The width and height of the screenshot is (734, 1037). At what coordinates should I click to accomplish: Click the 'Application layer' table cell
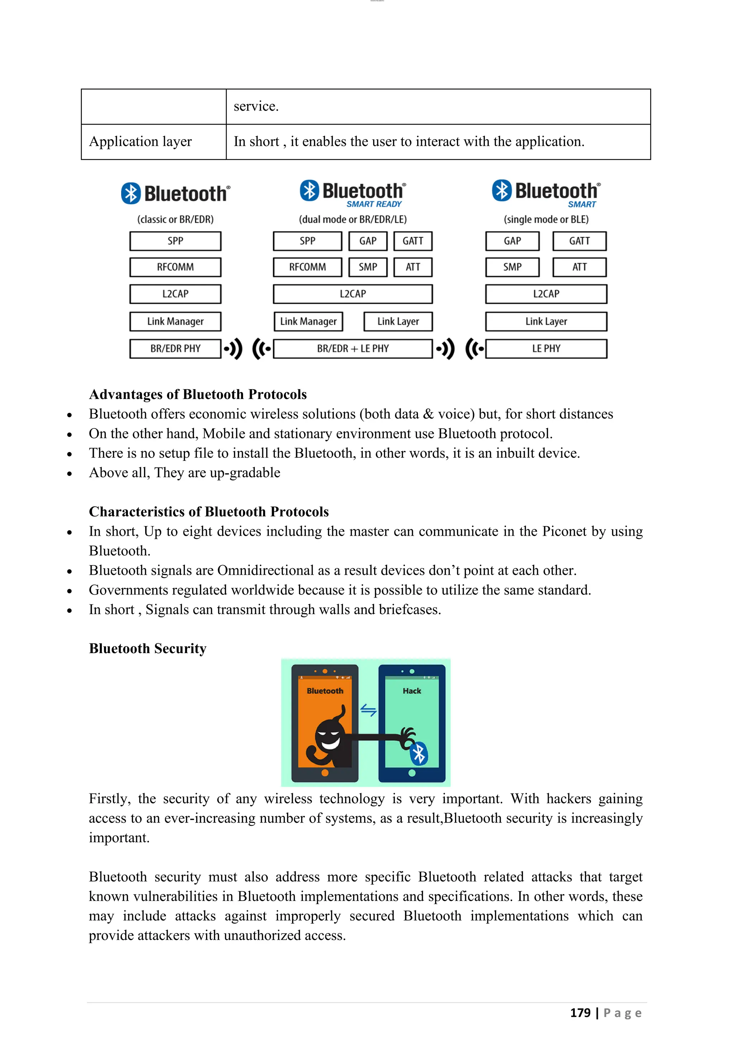[x=140, y=142]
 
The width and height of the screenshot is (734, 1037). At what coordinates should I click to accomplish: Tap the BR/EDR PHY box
[x=175, y=349]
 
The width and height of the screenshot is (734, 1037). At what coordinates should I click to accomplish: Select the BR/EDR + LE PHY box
[x=353, y=349]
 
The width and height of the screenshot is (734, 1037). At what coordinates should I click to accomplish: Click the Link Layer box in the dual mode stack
[x=398, y=322]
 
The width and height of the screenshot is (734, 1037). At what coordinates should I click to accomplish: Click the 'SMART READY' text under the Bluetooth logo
[x=374, y=204]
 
